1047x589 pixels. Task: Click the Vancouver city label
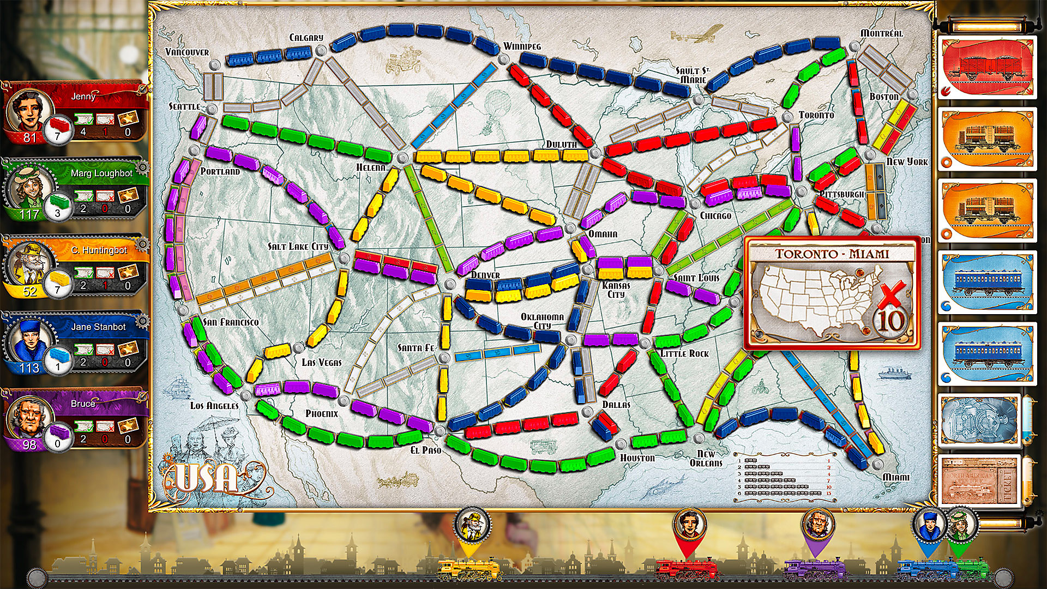pos(187,52)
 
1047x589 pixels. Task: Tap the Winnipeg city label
pos(522,46)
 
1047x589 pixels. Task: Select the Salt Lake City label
pos(298,247)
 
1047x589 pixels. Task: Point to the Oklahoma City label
pos(542,321)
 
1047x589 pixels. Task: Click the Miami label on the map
pos(896,477)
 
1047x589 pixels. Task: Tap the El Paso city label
pos(426,450)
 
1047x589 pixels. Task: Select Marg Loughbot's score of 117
pos(29,214)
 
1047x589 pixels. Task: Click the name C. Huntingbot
pos(99,250)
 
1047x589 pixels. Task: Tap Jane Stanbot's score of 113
pos(29,368)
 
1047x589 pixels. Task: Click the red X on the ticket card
pos(892,295)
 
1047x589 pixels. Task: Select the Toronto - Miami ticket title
pos(832,254)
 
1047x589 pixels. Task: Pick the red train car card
pos(988,67)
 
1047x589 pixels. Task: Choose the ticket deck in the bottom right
pos(979,480)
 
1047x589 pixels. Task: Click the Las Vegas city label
pos(322,363)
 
